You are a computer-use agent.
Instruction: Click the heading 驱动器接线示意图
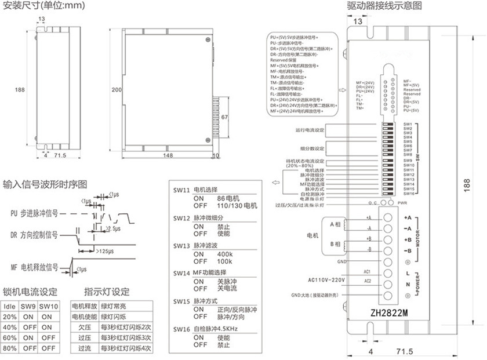[x=384, y=6]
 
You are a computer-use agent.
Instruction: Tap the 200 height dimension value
[x=116, y=90]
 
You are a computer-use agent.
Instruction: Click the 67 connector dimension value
[x=225, y=117]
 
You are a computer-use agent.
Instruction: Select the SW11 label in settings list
[x=182, y=190]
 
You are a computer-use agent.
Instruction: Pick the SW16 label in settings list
[x=182, y=329]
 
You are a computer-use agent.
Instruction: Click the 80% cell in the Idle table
[x=10, y=348]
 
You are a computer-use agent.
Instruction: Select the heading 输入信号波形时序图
[x=45, y=185]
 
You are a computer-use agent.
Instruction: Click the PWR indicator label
[x=402, y=203]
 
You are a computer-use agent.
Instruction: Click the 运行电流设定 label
[x=310, y=129]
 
